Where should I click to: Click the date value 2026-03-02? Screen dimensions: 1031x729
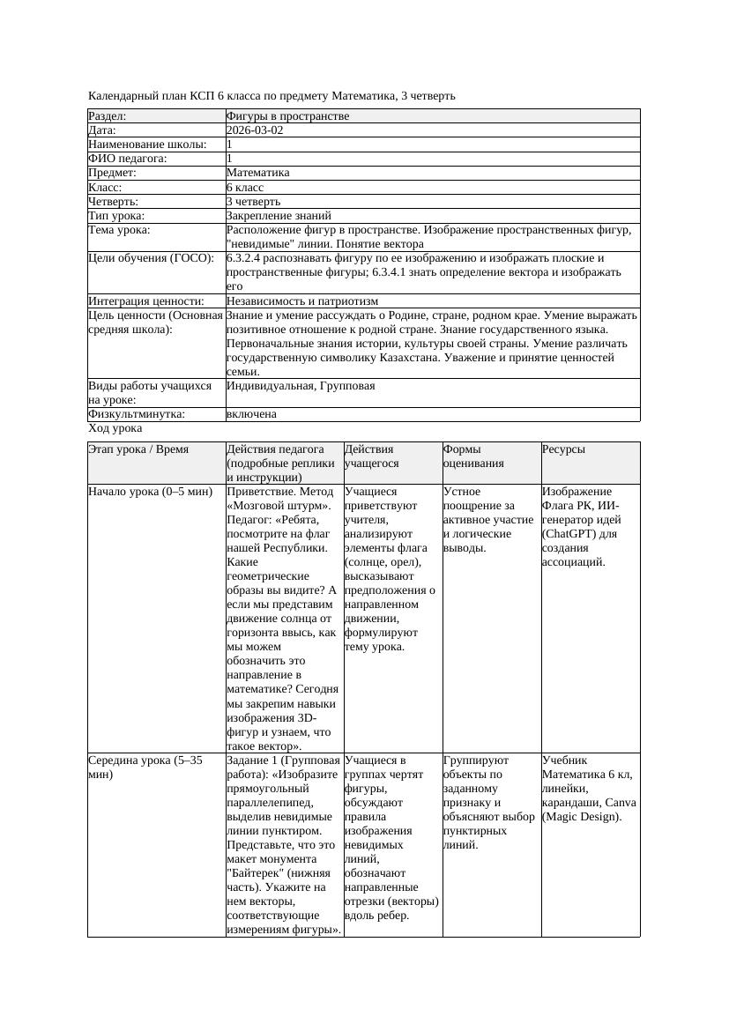255,130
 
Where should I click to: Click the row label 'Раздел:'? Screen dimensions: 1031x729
108,116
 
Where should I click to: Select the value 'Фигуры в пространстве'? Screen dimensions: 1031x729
287,116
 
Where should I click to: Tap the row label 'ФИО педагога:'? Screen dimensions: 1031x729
128,159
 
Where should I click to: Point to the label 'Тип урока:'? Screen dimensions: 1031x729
116,216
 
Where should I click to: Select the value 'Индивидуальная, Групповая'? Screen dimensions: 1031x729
301,386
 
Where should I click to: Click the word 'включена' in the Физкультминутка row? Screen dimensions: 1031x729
251,414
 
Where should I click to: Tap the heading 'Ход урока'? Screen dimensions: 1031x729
115,428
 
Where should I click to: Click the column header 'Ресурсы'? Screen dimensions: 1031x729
564,449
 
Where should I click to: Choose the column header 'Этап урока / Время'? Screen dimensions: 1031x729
138,449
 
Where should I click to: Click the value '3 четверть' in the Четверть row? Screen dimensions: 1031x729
254,202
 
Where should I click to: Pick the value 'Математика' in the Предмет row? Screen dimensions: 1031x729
257,173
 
